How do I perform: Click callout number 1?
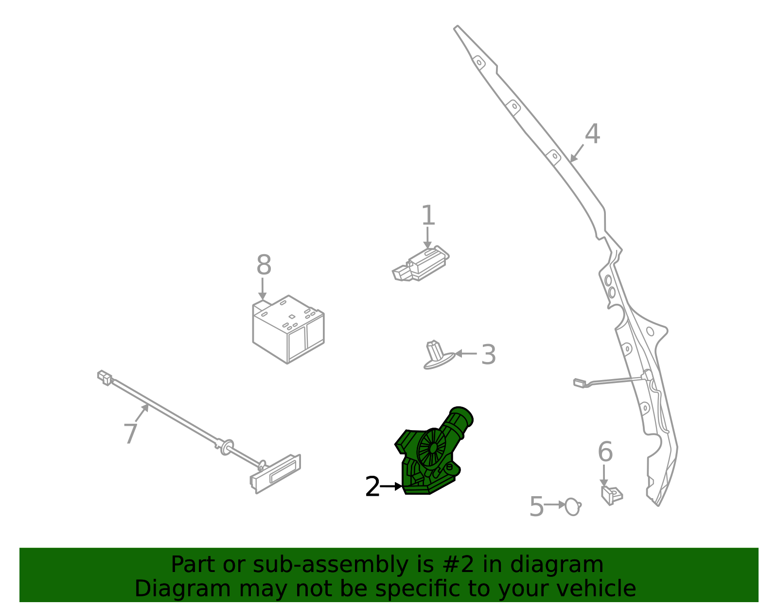[x=427, y=216]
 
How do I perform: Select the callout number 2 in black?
[x=372, y=486]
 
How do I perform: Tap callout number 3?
[x=488, y=355]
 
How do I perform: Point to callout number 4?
[x=592, y=134]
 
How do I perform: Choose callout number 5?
[x=536, y=507]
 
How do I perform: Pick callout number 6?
[x=605, y=452]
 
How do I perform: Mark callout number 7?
[x=130, y=434]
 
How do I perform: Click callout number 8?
[x=264, y=266]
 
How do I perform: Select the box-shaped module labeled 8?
[x=288, y=330]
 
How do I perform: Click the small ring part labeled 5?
[x=573, y=507]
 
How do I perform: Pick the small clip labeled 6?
[x=611, y=495]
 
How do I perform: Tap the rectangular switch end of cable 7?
[x=276, y=473]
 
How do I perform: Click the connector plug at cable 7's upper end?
[x=105, y=377]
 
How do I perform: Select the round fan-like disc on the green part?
[x=431, y=449]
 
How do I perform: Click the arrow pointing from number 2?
[x=391, y=486]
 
